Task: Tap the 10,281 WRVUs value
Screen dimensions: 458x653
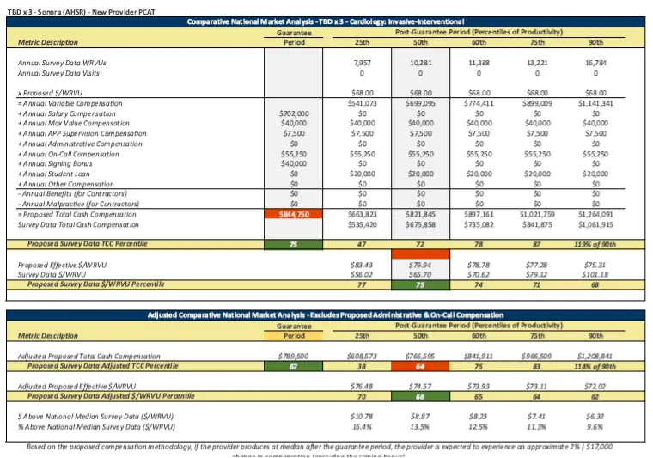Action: (x=419, y=63)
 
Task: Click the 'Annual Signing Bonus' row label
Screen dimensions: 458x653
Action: (x=60, y=163)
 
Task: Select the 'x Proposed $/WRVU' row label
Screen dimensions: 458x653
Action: (x=51, y=93)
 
